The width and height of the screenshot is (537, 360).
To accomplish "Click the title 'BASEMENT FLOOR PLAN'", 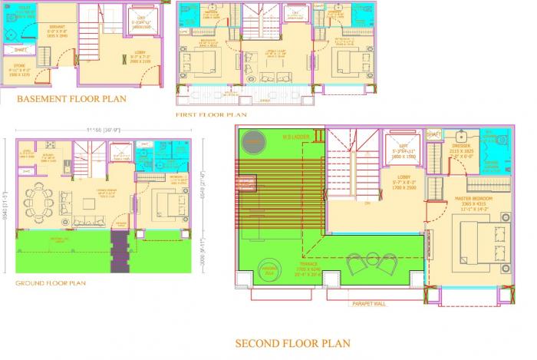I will coord(71,99).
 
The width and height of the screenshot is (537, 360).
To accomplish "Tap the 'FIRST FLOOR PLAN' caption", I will coord(211,114).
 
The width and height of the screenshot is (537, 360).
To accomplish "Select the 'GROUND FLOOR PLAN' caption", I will coord(51,283).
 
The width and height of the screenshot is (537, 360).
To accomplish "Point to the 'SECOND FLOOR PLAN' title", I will coord(292,343).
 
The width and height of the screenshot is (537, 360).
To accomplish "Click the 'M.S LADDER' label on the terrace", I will coord(295,137).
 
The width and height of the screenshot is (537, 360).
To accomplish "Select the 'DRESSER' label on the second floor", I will coord(461,145).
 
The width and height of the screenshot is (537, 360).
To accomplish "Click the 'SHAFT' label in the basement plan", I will coord(20,50).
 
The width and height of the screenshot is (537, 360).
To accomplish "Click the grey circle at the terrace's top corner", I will coord(253,143).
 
